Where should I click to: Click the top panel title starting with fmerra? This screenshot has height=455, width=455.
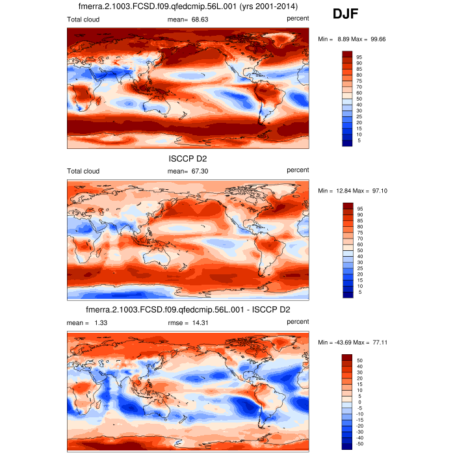pyautogui.click(x=188, y=6)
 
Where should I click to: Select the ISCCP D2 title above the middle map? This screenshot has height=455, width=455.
pyautogui.click(x=188, y=157)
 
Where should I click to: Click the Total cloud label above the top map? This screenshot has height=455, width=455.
pyautogui.click(x=83, y=19)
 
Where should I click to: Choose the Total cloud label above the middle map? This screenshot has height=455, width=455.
pyautogui.click(x=83, y=171)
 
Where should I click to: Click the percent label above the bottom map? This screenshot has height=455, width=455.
pyautogui.click(x=298, y=321)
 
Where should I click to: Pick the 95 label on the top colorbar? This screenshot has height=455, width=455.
pyautogui.click(x=359, y=57)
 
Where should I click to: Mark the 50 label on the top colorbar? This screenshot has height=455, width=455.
pyautogui.click(x=359, y=98)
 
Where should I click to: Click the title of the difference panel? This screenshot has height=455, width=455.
pyautogui.click(x=188, y=309)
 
